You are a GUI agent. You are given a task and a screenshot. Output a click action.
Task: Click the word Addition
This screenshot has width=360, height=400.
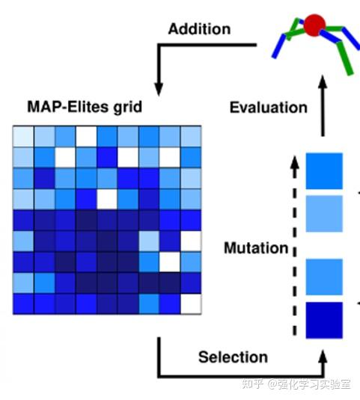coord(200,29)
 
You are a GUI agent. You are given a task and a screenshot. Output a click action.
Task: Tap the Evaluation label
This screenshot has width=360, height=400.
coord(268,107)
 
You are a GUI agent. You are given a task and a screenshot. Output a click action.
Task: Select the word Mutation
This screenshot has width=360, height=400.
coord(256,247)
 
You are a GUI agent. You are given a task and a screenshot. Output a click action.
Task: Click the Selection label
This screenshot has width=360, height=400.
coord(233,357)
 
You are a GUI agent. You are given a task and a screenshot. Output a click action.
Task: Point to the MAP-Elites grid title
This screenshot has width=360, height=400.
coord(83,107)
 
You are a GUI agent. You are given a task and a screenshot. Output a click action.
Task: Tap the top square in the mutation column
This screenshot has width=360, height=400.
coord(324,171)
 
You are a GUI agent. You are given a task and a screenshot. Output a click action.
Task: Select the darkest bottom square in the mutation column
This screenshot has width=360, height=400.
coord(324,320)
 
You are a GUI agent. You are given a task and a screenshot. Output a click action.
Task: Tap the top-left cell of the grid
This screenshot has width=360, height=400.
coord(23,135)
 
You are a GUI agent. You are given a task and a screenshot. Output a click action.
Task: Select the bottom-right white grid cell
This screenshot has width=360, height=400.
coord(192,304)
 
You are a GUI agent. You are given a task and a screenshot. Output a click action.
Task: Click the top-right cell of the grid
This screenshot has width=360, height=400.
coord(192,135)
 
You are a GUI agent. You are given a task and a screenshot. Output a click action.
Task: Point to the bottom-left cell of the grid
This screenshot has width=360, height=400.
coord(23,304)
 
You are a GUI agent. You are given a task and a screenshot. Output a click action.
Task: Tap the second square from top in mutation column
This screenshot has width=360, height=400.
coord(324,214)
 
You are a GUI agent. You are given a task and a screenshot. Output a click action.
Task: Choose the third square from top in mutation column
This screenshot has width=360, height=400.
coord(324,277)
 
